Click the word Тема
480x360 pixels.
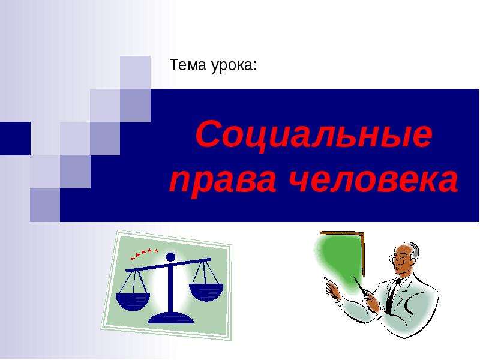[x=188, y=65]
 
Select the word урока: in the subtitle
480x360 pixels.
[x=234, y=66]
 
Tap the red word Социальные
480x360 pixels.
[x=314, y=134]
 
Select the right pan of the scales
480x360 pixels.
[x=206, y=292]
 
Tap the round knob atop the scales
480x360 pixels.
[x=170, y=257]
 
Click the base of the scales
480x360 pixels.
[x=171, y=319]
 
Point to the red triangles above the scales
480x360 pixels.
[x=144, y=253]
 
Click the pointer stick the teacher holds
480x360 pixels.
[x=360, y=286]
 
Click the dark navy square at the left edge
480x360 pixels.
[x=15, y=139]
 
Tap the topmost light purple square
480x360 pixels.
[x=135, y=72]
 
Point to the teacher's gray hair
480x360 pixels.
[x=414, y=249]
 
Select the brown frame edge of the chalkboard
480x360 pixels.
[x=363, y=254]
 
